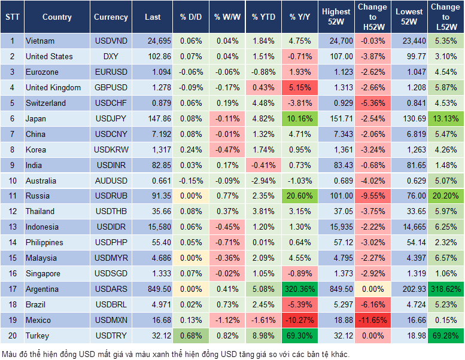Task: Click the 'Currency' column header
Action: [x=111, y=17]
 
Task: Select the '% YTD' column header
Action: [x=263, y=17]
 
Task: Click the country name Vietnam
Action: [x=40, y=41]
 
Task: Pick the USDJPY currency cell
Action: [x=111, y=118]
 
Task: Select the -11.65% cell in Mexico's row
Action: [x=372, y=320]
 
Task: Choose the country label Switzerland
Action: [x=45, y=103]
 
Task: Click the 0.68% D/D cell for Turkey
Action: [x=190, y=335]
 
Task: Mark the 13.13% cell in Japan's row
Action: [x=445, y=118]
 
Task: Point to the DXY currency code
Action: [x=111, y=56]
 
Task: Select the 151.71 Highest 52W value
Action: [x=336, y=118]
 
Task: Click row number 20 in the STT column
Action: [x=11, y=335]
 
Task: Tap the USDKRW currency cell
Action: [x=111, y=150]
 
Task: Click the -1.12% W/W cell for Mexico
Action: [x=226, y=320]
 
